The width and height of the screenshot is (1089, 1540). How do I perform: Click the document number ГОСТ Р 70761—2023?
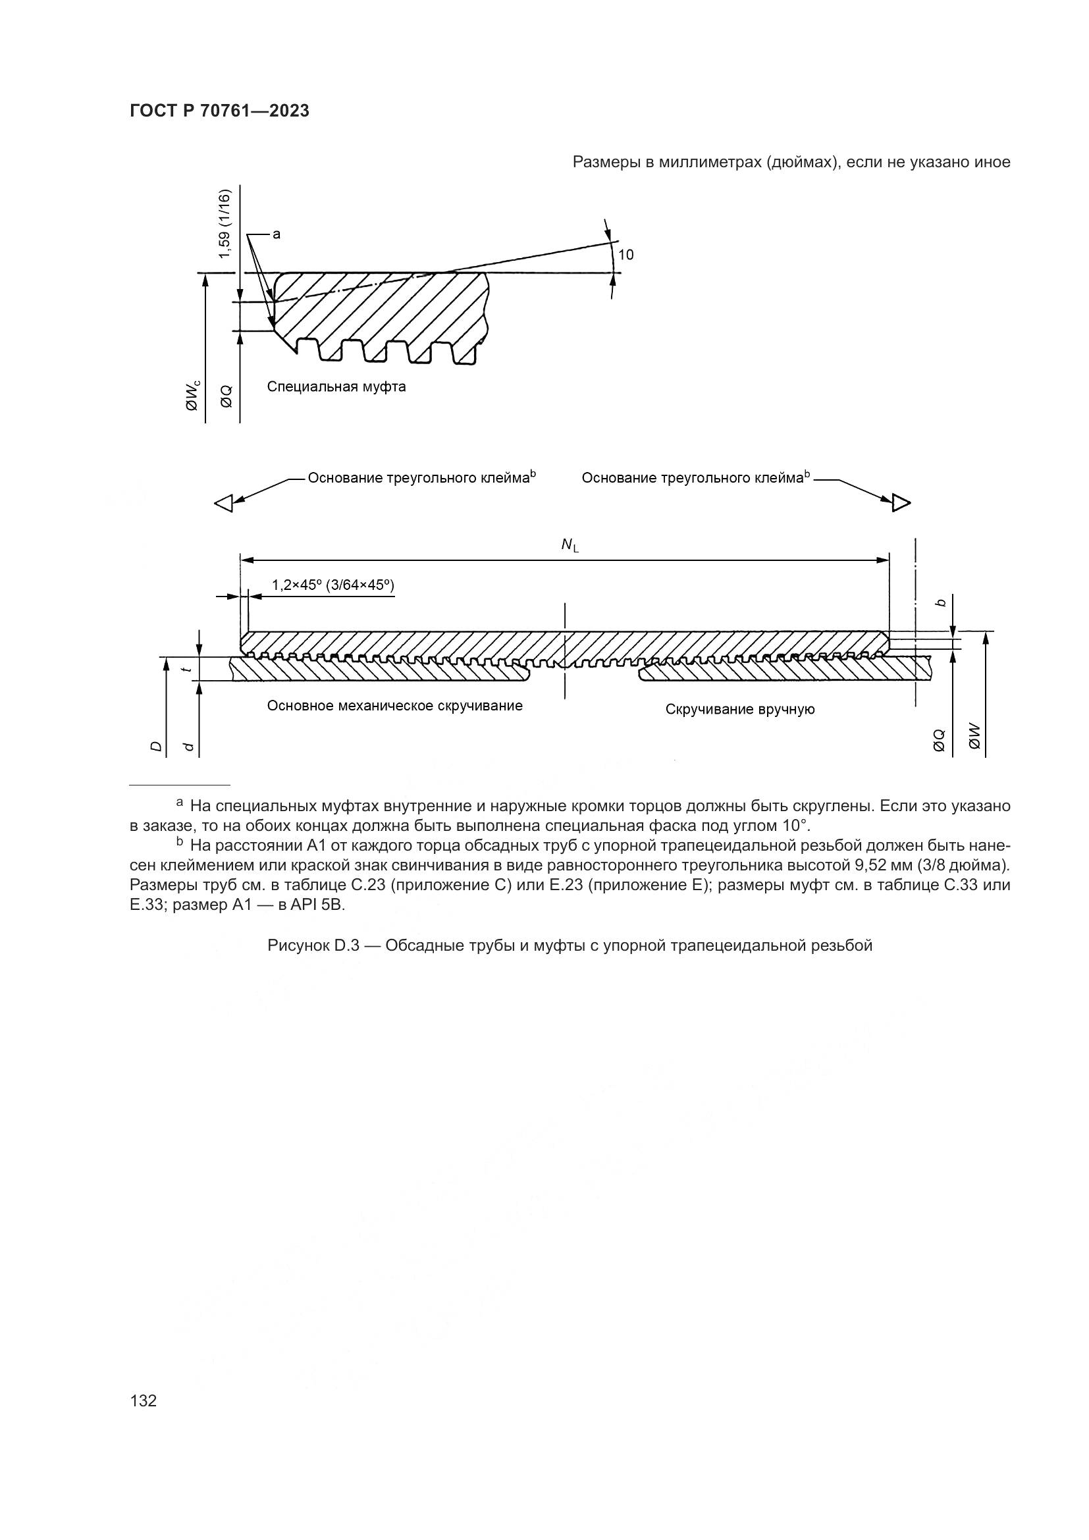(x=219, y=111)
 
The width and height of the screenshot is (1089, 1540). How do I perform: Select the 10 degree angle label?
(x=625, y=255)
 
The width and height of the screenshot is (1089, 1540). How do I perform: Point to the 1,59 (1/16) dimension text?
(x=225, y=225)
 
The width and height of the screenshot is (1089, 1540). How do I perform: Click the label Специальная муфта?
(x=336, y=387)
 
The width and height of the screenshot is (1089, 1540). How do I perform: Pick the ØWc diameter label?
(x=193, y=395)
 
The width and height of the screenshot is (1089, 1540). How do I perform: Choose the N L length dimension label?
(x=570, y=546)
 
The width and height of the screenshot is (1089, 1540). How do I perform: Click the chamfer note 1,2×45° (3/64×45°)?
(x=332, y=585)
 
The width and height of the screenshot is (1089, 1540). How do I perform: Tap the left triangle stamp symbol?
(x=224, y=503)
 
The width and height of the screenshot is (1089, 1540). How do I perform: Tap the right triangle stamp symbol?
(x=901, y=502)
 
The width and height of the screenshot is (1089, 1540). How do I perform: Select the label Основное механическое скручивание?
(x=394, y=706)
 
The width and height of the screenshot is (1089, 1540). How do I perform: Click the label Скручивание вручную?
(x=739, y=710)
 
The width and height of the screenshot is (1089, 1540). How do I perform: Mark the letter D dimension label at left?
(x=156, y=746)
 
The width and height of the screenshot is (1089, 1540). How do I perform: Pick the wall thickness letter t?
(x=190, y=669)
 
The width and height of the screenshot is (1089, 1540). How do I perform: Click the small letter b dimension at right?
(x=942, y=603)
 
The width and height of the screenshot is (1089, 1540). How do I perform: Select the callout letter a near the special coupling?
(x=277, y=234)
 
